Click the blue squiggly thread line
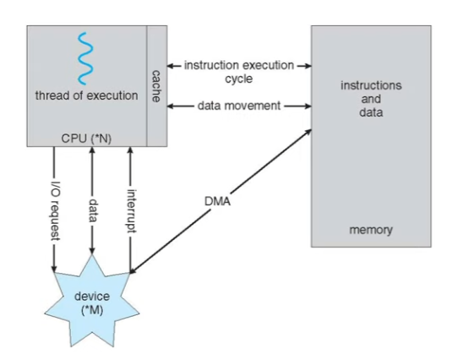pyautogui.click(x=85, y=58)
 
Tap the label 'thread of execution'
pyautogui.click(x=86, y=95)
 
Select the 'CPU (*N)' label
pyautogui.click(x=86, y=139)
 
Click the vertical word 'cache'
pyautogui.click(x=156, y=86)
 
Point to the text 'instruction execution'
pyautogui.click(x=239, y=65)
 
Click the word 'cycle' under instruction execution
pyautogui.click(x=239, y=79)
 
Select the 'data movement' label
pyautogui.click(x=239, y=106)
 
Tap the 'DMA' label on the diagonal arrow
pyautogui.click(x=217, y=201)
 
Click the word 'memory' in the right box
pyautogui.click(x=371, y=230)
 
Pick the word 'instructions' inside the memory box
pyautogui.click(x=371, y=85)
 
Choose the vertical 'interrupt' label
pyautogui.click(x=131, y=210)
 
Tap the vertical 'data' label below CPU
pyautogui.click(x=92, y=210)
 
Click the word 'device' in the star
pyautogui.click(x=92, y=297)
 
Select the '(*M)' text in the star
pyautogui.click(x=92, y=310)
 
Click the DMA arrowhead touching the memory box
pyautogui.click(x=308, y=132)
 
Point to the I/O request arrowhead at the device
pyautogui.click(x=54, y=269)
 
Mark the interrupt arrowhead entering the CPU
pyautogui.click(x=130, y=150)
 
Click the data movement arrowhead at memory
pyautogui.click(x=308, y=106)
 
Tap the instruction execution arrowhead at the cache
pyautogui.click(x=171, y=66)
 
